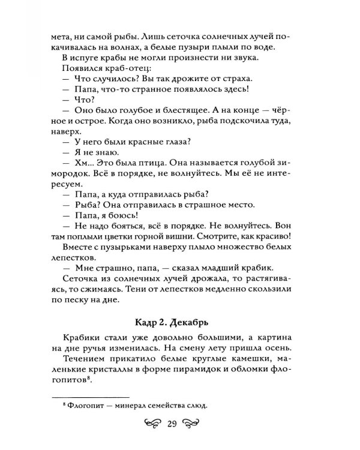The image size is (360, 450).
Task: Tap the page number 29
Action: pyautogui.click(x=172, y=425)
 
